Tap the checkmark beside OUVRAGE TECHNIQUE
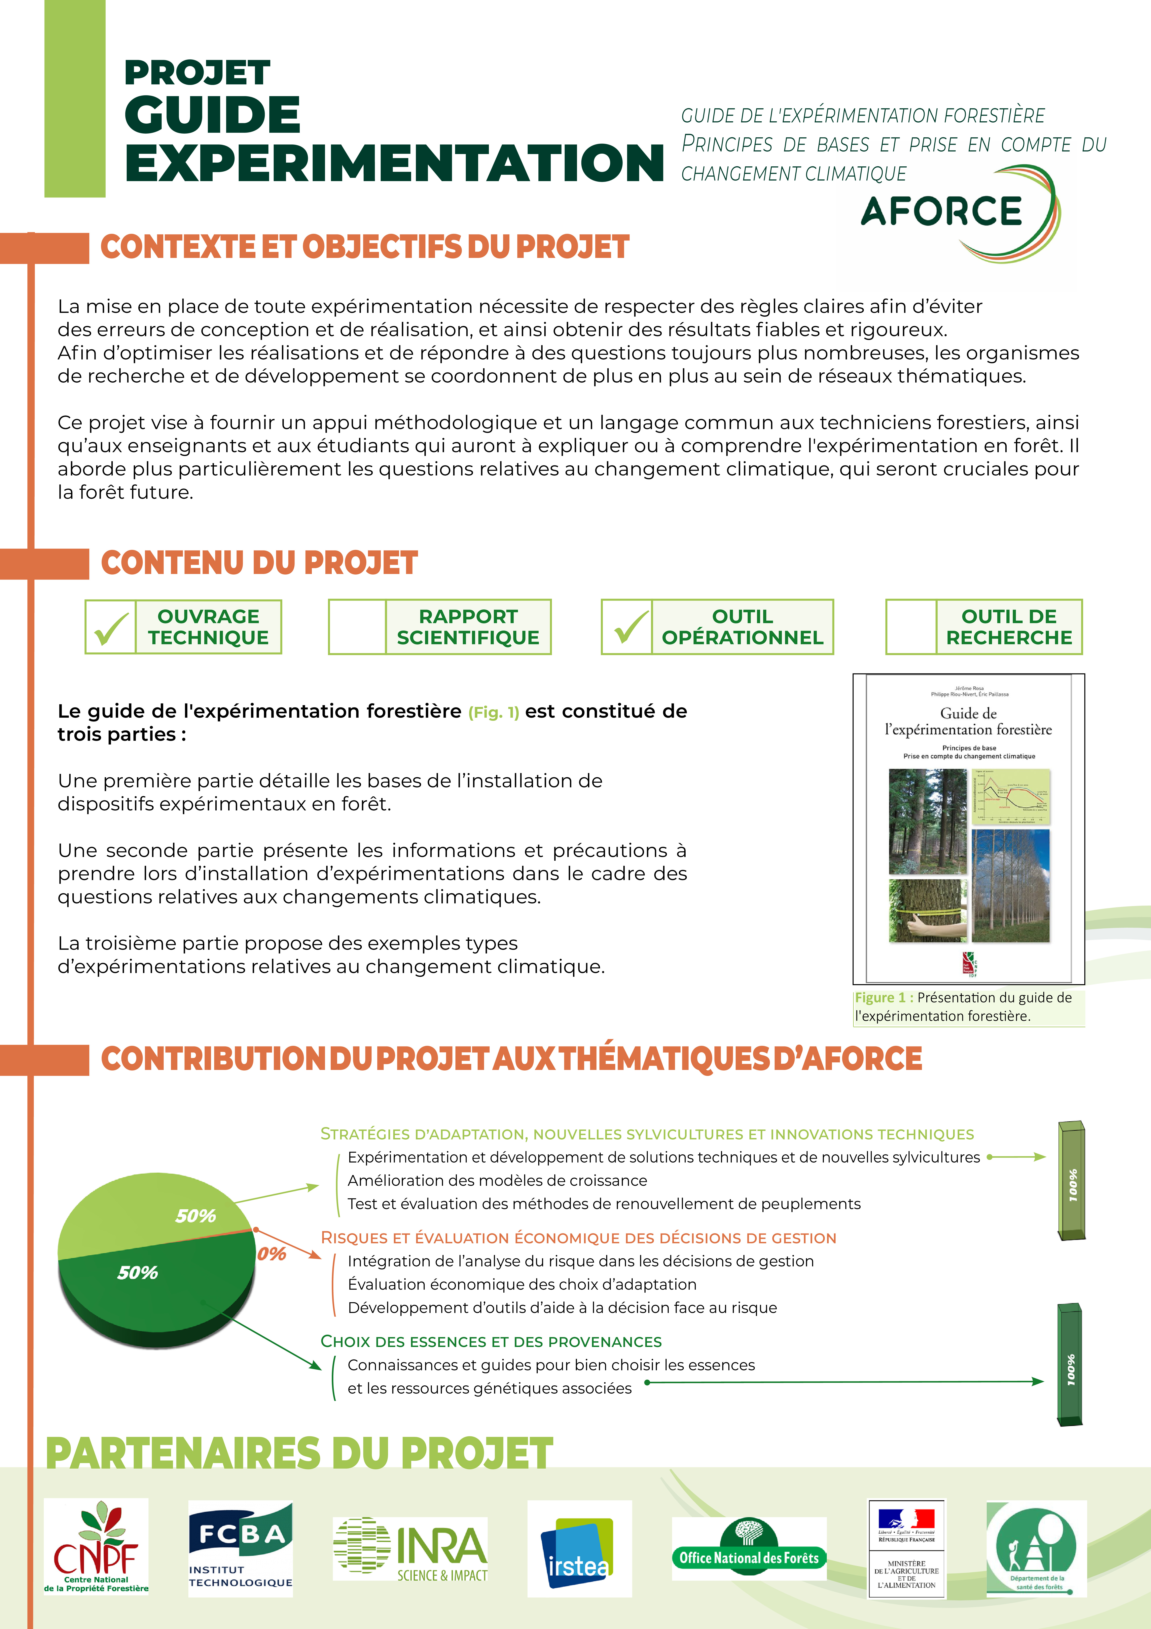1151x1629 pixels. [111, 627]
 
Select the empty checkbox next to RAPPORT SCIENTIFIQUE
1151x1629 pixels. [357, 627]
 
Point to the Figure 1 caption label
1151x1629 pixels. [879, 998]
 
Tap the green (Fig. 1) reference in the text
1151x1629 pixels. [494, 712]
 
